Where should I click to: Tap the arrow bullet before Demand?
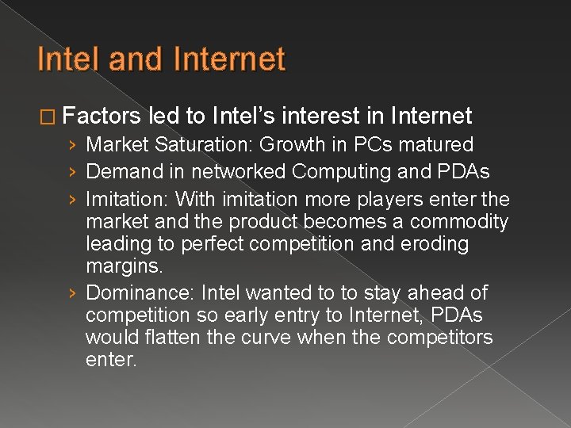[x=72, y=172]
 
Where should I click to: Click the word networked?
[x=240, y=172]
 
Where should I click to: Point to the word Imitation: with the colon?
[x=127, y=199]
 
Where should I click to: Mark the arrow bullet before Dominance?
[x=72, y=292]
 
